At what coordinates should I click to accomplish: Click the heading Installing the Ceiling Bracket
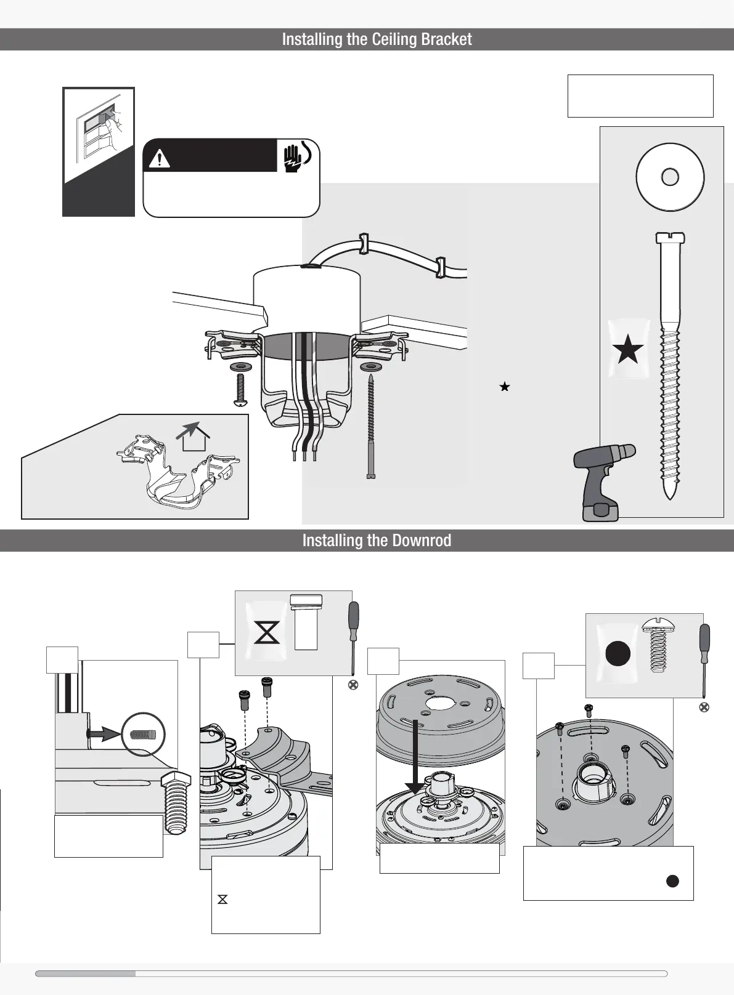[377, 39]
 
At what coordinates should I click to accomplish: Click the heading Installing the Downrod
[377, 541]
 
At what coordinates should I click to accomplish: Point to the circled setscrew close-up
[144, 735]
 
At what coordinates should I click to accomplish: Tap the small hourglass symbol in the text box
[222, 900]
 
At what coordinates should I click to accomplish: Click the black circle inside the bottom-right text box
[672, 880]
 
